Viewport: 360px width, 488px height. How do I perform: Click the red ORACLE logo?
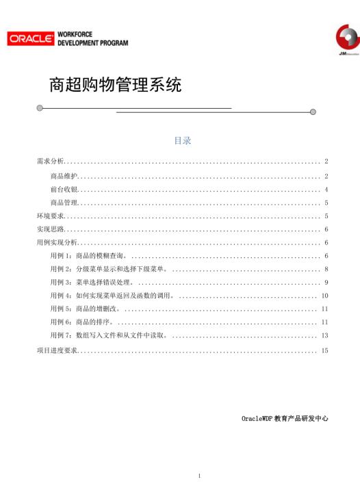point(31,39)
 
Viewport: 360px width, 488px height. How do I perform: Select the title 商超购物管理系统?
point(116,86)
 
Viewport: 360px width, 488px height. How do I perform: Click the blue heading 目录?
point(182,140)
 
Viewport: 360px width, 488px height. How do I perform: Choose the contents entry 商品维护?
point(64,177)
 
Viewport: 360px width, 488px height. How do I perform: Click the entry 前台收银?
point(64,190)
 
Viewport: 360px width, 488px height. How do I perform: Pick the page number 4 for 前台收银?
point(327,190)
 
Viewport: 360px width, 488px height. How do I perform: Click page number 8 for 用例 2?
point(327,269)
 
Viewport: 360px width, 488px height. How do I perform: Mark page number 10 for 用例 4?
point(325,296)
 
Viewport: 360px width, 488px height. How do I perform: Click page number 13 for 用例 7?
point(325,335)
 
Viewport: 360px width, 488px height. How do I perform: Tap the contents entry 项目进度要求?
point(57,350)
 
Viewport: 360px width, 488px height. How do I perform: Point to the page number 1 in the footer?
point(199,475)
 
